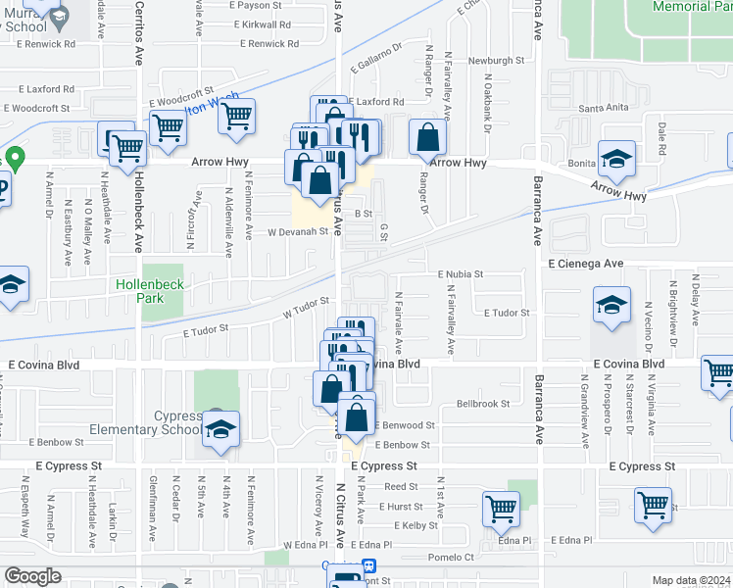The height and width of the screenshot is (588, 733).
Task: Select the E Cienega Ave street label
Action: [x=585, y=264]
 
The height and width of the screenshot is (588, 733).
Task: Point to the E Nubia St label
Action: [x=461, y=275]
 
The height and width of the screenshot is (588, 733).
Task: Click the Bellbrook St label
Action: [x=483, y=404]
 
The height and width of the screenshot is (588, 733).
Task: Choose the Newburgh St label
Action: [x=497, y=61]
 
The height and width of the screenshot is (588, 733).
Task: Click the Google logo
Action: [x=32, y=576]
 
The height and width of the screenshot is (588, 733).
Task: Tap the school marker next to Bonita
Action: [x=617, y=158]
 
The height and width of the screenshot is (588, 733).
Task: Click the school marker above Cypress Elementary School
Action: [x=221, y=428]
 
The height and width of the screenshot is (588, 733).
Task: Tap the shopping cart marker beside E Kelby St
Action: [x=501, y=509]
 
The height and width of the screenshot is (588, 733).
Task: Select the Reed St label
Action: [x=401, y=486]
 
